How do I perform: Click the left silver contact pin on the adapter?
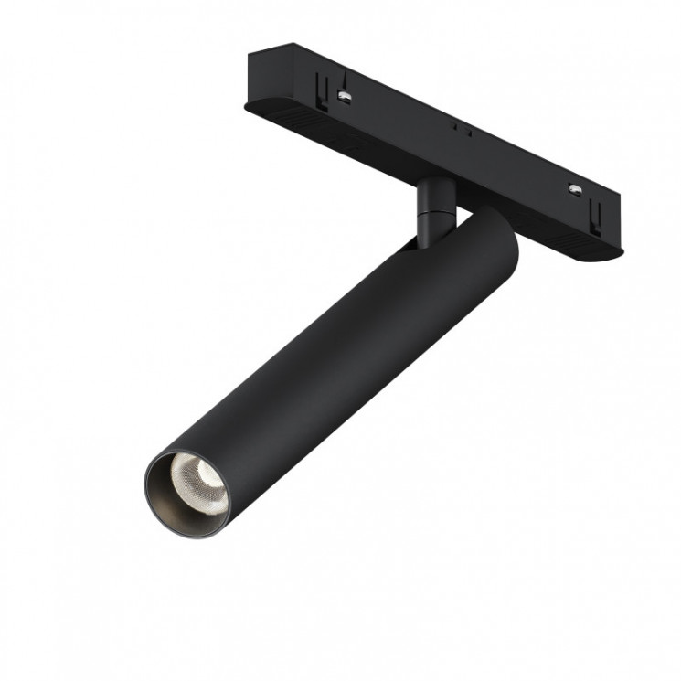pyautogui.click(x=345, y=95)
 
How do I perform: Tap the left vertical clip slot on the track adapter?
pyautogui.click(x=321, y=87)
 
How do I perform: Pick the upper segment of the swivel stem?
pyautogui.click(x=431, y=196)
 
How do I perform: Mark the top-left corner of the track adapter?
pyautogui.click(x=250, y=52)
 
